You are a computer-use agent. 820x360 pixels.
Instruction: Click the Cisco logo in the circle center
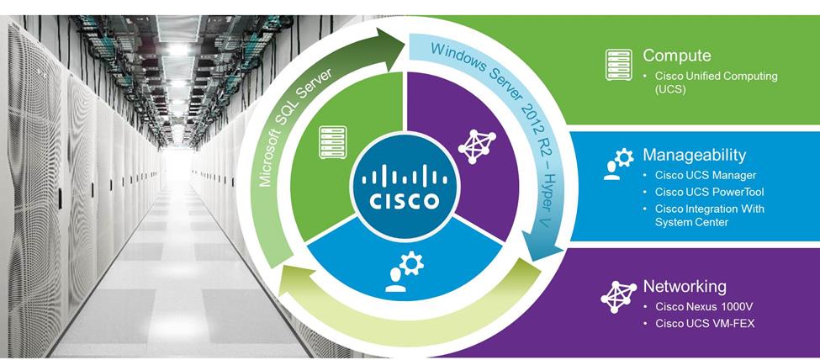click(400, 186)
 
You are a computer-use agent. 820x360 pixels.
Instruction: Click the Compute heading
click(677, 56)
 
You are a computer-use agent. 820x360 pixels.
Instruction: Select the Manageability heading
click(694, 156)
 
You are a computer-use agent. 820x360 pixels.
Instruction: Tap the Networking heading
click(685, 286)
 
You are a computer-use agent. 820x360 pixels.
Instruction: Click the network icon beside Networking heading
click(618, 294)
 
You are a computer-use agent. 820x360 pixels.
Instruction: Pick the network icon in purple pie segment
click(477, 145)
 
